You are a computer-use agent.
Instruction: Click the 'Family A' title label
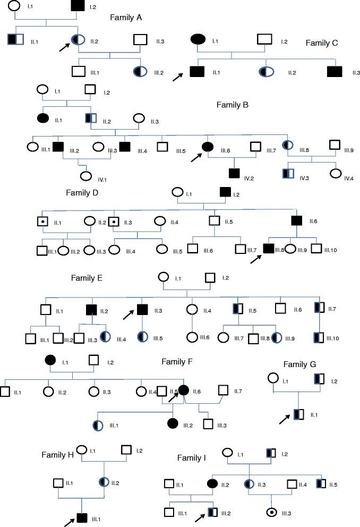[126, 16]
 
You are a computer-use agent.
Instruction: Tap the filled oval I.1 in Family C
[198, 39]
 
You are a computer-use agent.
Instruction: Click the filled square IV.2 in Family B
[234, 173]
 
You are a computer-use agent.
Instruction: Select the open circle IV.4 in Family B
[336, 173]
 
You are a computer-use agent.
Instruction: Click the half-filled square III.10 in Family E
[319, 337]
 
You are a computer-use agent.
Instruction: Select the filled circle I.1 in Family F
[51, 360]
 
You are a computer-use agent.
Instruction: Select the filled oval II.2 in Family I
[211, 483]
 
